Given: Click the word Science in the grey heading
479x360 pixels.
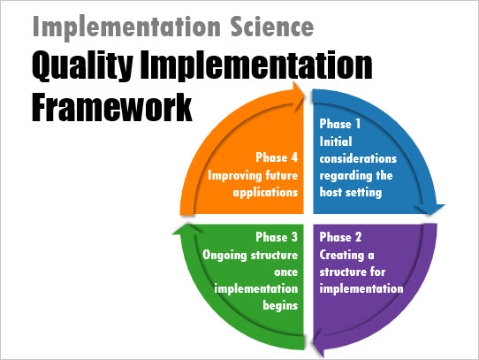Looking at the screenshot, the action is [272, 27].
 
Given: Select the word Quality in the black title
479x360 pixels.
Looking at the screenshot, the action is [82, 66].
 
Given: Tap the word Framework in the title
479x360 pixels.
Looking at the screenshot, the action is [112, 107].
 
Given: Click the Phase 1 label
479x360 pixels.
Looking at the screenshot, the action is [340, 124].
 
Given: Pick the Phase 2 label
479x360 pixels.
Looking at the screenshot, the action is [340, 237].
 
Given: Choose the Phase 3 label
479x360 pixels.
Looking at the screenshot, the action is [277, 237].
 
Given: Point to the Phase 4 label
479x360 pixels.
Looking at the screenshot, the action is [277, 157].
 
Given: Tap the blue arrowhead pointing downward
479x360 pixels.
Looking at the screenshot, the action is [430, 209].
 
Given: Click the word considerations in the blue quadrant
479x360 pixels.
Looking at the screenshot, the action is [358, 158].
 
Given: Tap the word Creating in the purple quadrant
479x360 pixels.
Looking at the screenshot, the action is [342, 255].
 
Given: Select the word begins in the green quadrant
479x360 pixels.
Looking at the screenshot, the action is [280, 305].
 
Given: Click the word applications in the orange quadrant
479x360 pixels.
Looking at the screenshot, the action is [265, 193].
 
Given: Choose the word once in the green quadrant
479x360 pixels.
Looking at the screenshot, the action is [286, 272].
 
